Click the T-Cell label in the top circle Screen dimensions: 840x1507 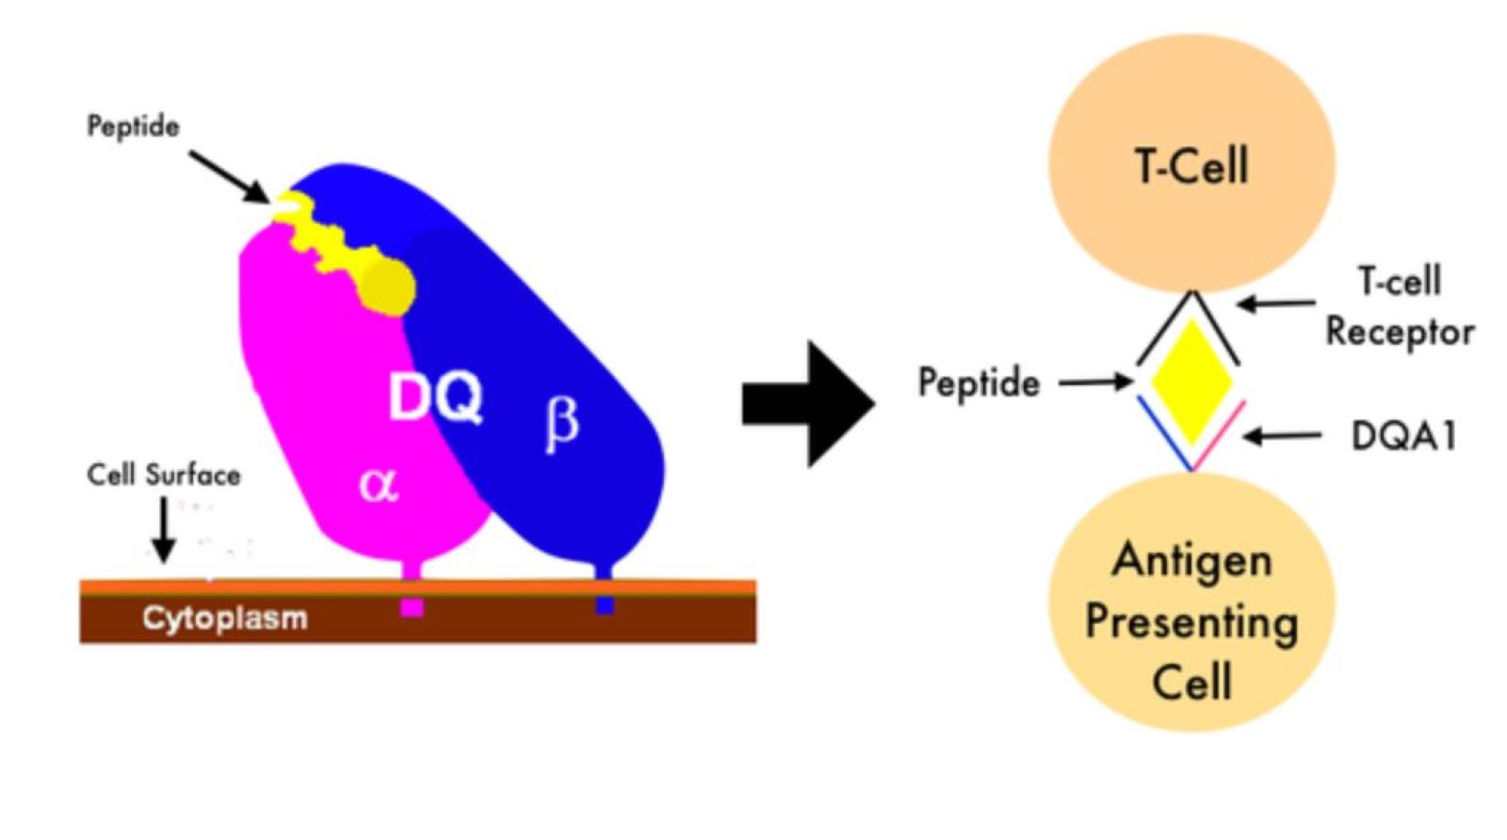click(x=1191, y=167)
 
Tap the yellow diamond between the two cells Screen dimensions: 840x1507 click(x=1192, y=380)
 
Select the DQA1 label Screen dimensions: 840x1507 click(x=1403, y=436)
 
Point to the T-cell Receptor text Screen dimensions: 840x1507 click(x=1400, y=306)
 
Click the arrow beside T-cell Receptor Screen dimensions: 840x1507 click(x=1276, y=303)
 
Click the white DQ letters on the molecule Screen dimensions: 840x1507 click(x=436, y=396)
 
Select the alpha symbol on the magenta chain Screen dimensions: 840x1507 click(x=379, y=484)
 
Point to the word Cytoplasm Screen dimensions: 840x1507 click(x=225, y=618)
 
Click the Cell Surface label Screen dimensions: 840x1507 click(x=163, y=475)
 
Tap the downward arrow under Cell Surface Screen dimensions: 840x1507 click(x=164, y=529)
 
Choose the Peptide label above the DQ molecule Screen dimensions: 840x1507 click(x=133, y=126)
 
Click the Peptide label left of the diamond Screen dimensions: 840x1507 click(x=979, y=383)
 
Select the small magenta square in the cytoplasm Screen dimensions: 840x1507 click(x=412, y=607)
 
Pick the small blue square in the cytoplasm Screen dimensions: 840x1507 click(x=605, y=605)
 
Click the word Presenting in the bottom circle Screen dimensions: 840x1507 click(x=1191, y=622)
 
